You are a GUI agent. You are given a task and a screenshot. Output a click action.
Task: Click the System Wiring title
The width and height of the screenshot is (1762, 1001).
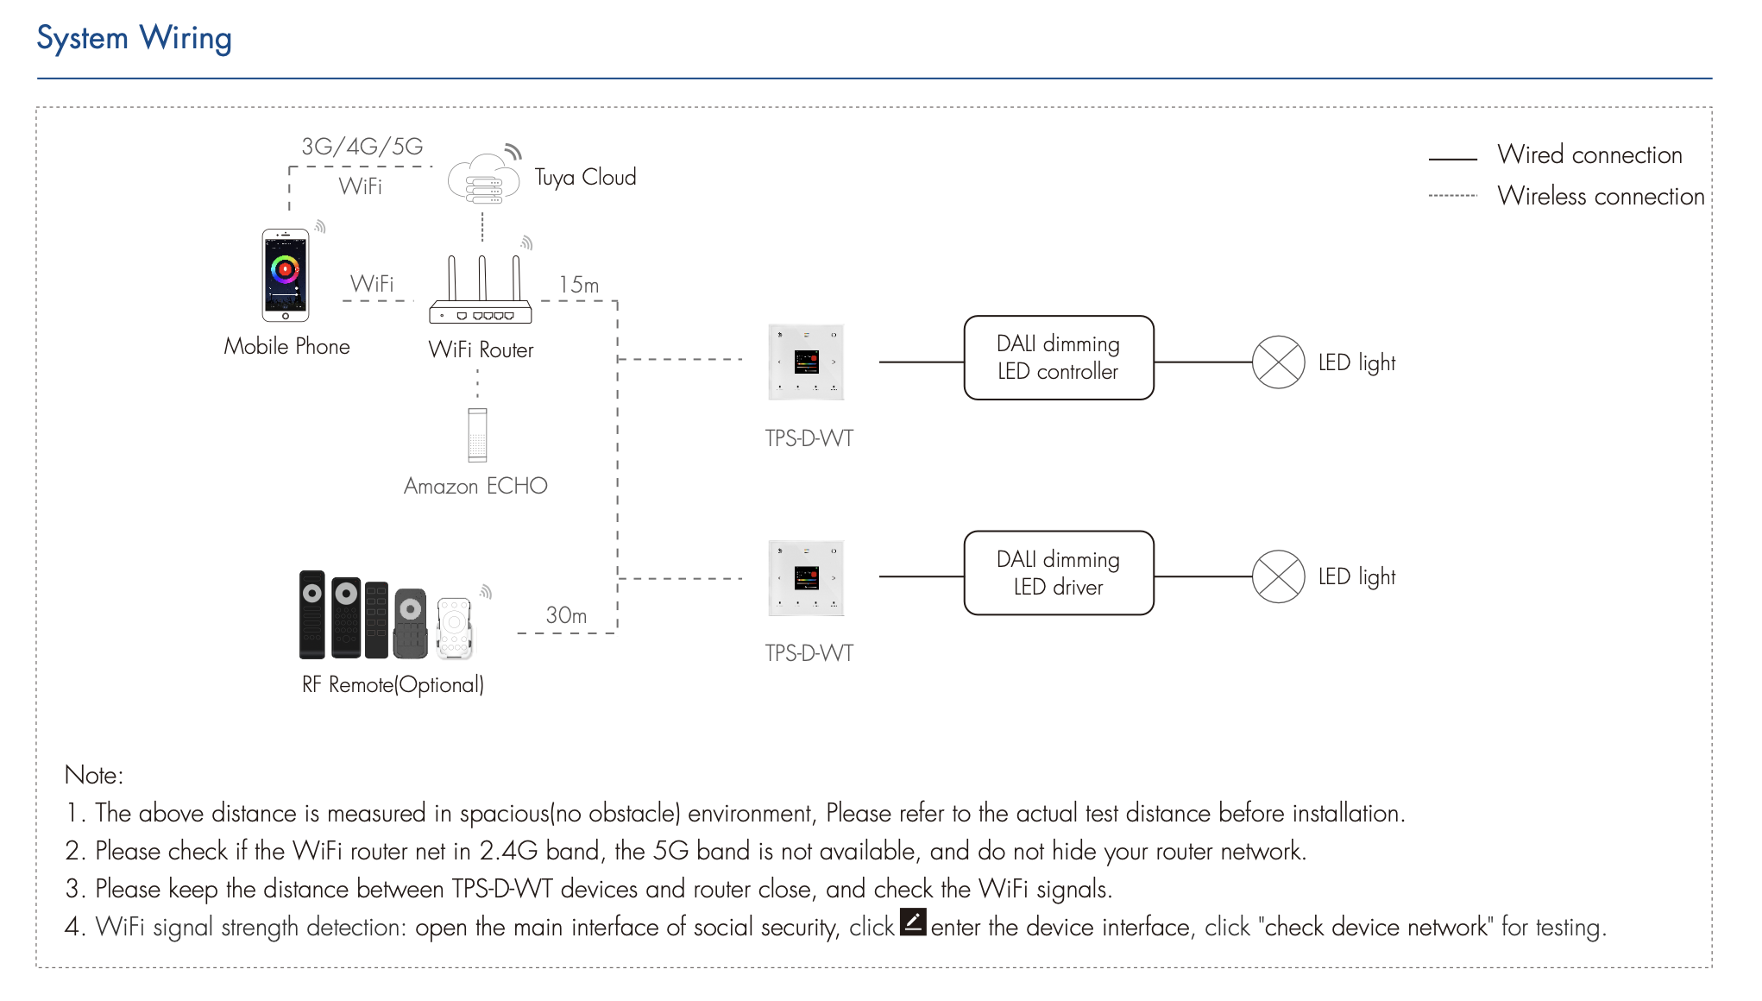tap(134, 39)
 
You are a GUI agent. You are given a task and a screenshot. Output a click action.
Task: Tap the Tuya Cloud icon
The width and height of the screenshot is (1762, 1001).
tap(483, 179)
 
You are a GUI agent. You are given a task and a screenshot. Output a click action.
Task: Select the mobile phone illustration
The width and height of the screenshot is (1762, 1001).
tap(286, 275)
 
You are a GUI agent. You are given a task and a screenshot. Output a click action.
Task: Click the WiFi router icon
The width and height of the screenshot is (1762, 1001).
tap(481, 292)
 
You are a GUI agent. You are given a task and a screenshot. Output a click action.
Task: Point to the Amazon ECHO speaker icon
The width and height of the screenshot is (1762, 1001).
tap(477, 435)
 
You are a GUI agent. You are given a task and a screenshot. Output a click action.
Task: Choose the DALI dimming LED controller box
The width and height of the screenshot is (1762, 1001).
tap(1058, 358)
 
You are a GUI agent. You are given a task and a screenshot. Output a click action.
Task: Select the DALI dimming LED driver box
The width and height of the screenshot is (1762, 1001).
tap(1058, 573)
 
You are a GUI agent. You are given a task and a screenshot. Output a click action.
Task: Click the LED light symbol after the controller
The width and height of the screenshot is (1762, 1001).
tap(1278, 362)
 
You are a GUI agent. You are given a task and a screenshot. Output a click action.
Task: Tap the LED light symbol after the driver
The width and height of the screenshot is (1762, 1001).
tap(1278, 576)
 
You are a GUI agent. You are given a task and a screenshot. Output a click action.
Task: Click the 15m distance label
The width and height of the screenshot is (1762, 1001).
tap(578, 285)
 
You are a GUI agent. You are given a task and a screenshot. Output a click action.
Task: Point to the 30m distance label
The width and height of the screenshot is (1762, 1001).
tap(566, 615)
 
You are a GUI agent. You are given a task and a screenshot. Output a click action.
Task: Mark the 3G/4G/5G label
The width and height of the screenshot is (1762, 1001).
tap(362, 147)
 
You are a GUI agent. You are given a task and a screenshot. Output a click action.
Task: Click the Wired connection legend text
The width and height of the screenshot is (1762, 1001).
tap(1589, 155)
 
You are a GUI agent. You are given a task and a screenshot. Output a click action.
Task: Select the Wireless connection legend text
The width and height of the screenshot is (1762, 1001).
tap(1601, 197)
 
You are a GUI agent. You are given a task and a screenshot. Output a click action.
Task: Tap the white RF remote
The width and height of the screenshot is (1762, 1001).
tap(454, 627)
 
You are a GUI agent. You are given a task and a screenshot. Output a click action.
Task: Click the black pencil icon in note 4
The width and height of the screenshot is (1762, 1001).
tap(913, 922)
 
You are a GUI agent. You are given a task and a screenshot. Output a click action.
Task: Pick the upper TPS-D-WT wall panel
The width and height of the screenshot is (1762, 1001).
tap(806, 362)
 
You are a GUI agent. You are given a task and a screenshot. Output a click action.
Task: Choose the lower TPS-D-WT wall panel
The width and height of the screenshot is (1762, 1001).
tap(806, 578)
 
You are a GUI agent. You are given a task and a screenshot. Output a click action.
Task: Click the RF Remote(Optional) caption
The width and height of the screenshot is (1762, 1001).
tap(393, 685)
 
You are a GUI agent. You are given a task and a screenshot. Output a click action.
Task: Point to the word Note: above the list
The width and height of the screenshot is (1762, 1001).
tap(94, 775)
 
